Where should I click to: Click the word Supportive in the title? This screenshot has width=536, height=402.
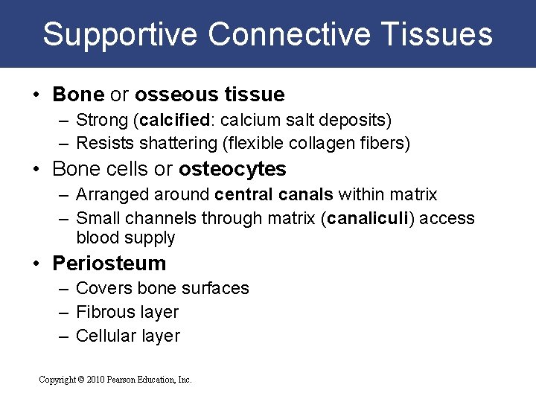pos(121,35)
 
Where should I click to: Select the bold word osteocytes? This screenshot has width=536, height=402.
pos(232,169)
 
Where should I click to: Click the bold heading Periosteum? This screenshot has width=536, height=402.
pos(109,264)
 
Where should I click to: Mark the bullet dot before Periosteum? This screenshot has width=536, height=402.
pos(36,264)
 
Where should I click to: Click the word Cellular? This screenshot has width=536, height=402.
pos(105,336)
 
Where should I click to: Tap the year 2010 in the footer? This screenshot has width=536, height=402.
pos(97,380)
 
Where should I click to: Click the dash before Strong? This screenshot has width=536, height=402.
pos(64,121)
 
